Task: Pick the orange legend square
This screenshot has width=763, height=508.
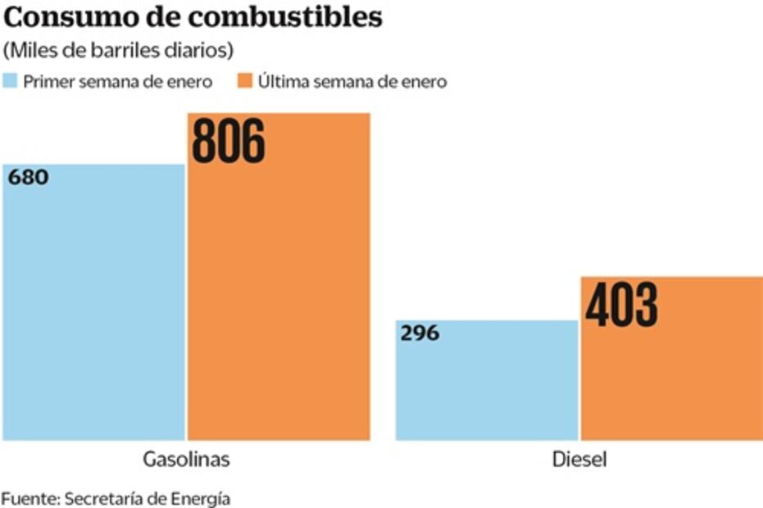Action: tap(244, 81)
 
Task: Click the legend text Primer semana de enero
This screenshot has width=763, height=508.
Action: tap(118, 82)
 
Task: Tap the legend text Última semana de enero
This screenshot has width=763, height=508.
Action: tap(352, 82)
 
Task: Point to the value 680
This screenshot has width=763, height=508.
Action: tap(29, 177)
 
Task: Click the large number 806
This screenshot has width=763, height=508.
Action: tap(229, 140)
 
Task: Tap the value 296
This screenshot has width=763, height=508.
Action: tap(420, 333)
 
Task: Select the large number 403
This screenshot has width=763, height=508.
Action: tap(621, 305)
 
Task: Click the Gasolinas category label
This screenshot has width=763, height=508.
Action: tap(185, 460)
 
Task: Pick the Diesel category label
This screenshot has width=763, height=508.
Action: tap(579, 460)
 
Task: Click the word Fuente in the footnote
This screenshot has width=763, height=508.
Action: tap(29, 497)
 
